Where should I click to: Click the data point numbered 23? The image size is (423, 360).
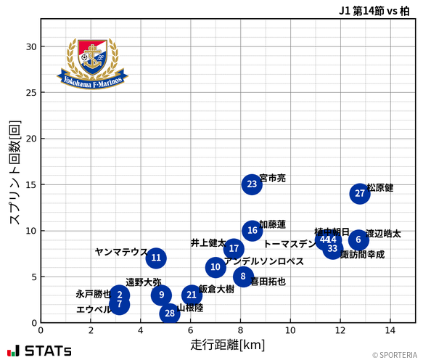(252, 184)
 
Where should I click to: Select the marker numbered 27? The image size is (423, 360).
(360, 194)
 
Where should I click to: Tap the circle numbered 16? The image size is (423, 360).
(252, 231)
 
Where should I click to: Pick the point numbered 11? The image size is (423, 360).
(156, 258)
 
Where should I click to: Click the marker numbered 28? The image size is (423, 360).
(170, 314)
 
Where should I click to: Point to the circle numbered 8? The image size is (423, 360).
(243, 277)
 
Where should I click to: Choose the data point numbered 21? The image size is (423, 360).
(192, 295)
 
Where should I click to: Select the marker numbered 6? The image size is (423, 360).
(358, 240)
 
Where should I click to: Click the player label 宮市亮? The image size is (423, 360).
(273, 178)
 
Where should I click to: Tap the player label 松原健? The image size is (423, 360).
(380, 188)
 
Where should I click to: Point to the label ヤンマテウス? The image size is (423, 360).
(121, 252)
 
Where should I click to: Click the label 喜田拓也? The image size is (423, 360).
(268, 282)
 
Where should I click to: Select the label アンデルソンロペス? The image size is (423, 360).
(264, 261)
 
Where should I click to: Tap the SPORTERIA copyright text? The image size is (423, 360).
(395, 355)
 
